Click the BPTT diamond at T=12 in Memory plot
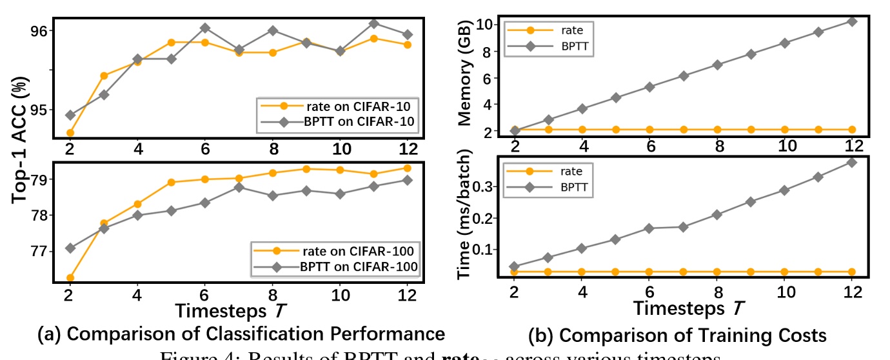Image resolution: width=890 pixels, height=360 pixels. (853, 21)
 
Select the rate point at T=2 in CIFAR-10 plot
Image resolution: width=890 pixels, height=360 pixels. (70, 133)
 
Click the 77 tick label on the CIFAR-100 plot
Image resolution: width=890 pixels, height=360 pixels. (39, 251)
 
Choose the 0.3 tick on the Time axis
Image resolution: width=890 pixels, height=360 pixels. (488, 186)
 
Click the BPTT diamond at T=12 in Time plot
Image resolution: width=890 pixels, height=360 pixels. (853, 162)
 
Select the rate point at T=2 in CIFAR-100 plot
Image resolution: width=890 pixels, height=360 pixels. (70, 278)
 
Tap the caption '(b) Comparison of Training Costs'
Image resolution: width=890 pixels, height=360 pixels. (677, 335)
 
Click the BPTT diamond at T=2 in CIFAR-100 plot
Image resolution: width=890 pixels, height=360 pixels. (70, 248)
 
